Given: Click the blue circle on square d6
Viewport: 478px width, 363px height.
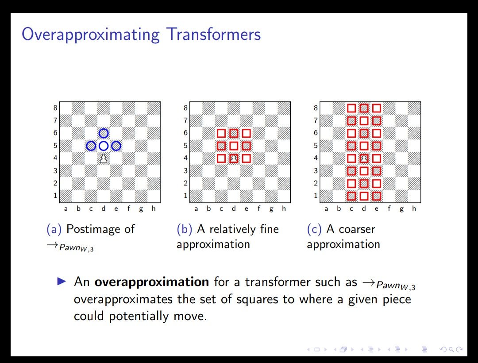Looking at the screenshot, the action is coord(104,129).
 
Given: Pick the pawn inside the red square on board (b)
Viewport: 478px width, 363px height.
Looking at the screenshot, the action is coord(234,158).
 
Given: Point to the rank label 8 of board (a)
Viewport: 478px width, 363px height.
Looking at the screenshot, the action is coord(55,108).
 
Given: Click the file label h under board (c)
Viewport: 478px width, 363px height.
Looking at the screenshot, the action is coord(414,209).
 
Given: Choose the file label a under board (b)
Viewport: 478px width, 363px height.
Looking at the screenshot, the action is coord(196,209).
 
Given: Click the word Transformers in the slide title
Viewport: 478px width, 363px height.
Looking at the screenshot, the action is coord(214,34).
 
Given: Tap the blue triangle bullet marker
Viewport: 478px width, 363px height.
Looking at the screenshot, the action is coord(61,281).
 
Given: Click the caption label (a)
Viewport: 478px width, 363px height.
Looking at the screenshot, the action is coord(54,229).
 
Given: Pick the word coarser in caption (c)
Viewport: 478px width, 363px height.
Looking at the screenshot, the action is coord(357,229).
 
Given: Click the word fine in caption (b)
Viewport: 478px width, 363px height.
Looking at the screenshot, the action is coord(270,229).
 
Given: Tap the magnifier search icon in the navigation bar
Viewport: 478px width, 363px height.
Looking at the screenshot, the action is coord(451,349).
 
